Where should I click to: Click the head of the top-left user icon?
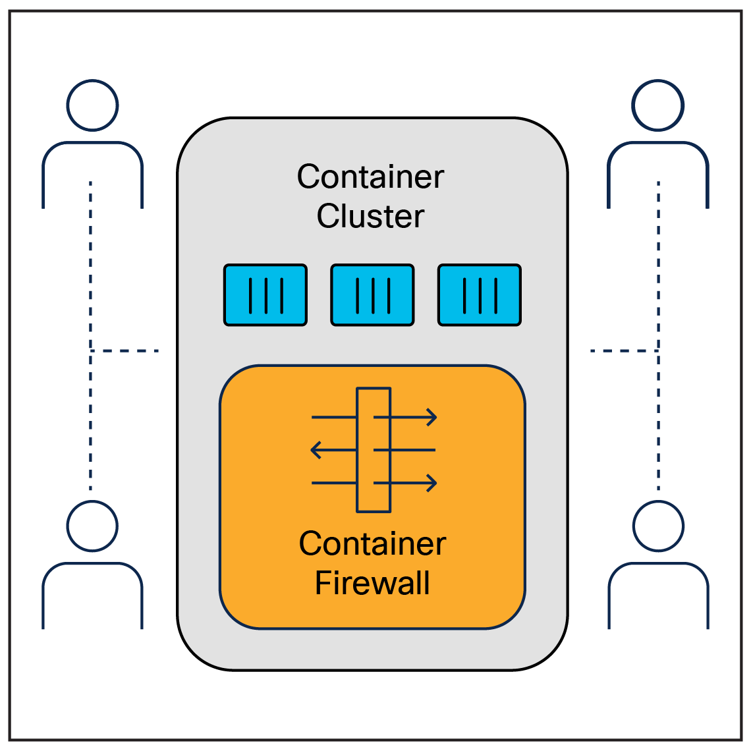(x=92, y=105)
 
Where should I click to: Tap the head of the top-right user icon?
(x=657, y=105)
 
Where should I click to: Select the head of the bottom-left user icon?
(x=92, y=526)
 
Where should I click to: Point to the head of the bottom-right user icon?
(x=657, y=526)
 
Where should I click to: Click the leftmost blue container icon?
(x=265, y=295)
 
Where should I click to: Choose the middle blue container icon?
(x=372, y=295)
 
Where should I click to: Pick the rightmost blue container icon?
(x=480, y=295)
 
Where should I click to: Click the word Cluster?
(x=370, y=216)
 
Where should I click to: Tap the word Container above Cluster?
(x=370, y=177)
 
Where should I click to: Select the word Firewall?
(x=372, y=583)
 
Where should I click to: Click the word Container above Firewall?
(x=372, y=543)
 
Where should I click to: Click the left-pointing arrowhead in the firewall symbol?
(x=316, y=451)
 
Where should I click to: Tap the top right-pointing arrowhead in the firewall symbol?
(x=431, y=417)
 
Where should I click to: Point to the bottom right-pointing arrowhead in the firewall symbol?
(x=431, y=484)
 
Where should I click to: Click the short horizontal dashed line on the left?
(x=125, y=350)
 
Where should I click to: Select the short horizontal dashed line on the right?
(x=623, y=350)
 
